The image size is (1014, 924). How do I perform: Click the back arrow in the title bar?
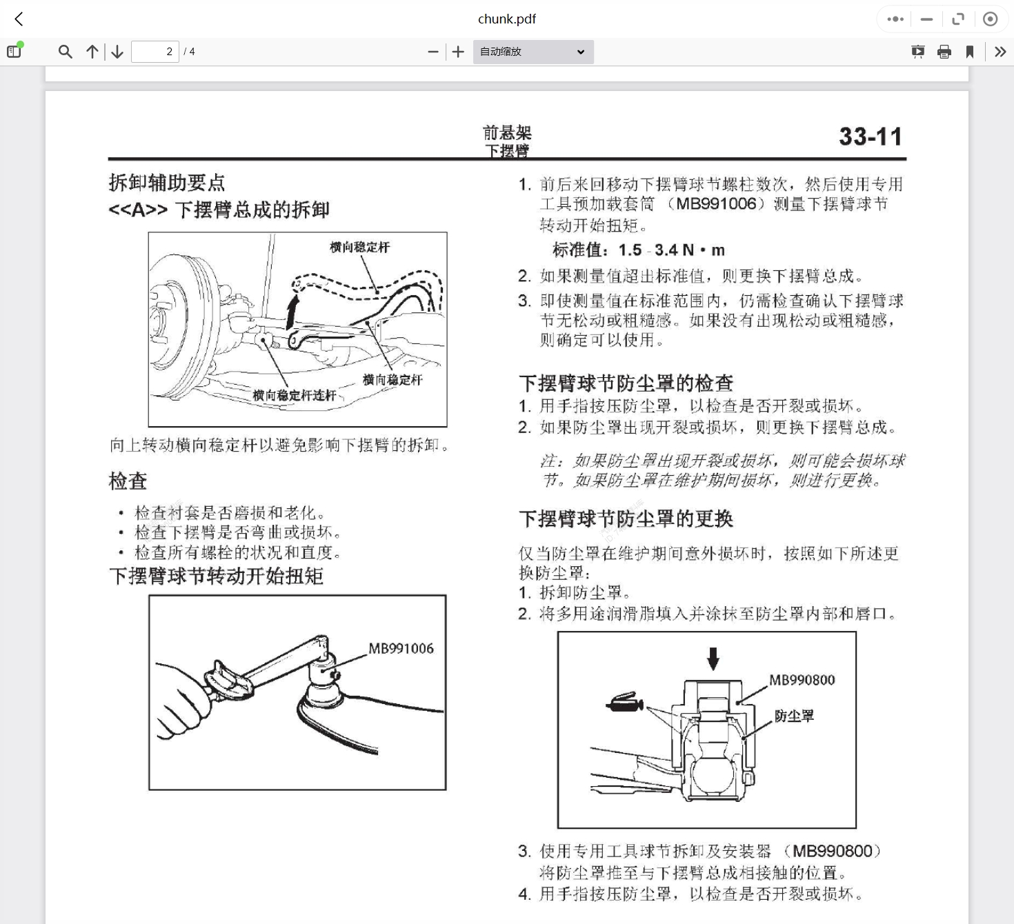click(x=19, y=19)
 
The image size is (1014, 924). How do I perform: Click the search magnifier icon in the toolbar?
click(x=65, y=52)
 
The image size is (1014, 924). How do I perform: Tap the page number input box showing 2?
click(x=155, y=52)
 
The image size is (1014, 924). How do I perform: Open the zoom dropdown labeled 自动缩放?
click(x=533, y=52)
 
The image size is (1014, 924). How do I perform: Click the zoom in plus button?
click(x=458, y=52)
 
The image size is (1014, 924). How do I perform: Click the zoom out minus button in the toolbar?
click(x=433, y=52)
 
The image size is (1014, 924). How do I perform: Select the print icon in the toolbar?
click(x=944, y=52)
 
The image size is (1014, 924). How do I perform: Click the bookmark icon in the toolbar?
click(x=970, y=52)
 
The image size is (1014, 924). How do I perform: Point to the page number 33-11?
click(x=871, y=137)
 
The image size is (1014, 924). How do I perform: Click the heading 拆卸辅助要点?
click(x=167, y=183)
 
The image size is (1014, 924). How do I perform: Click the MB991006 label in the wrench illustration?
click(x=401, y=648)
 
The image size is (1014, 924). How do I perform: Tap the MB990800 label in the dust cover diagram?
click(x=802, y=680)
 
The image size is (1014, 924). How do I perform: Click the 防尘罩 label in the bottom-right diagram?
click(x=794, y=716)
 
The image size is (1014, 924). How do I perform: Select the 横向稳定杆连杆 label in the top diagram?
click(x=294, y=395)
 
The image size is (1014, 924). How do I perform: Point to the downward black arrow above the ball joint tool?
click(x=713, y=659)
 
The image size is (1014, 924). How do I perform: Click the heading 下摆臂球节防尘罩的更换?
click(x=626, y=519)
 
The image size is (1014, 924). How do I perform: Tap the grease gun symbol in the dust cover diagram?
click(x=625, y=702)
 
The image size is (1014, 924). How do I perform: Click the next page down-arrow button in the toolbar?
click(x=117, y=52)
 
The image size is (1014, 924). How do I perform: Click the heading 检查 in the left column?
click(x=128, y=481)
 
